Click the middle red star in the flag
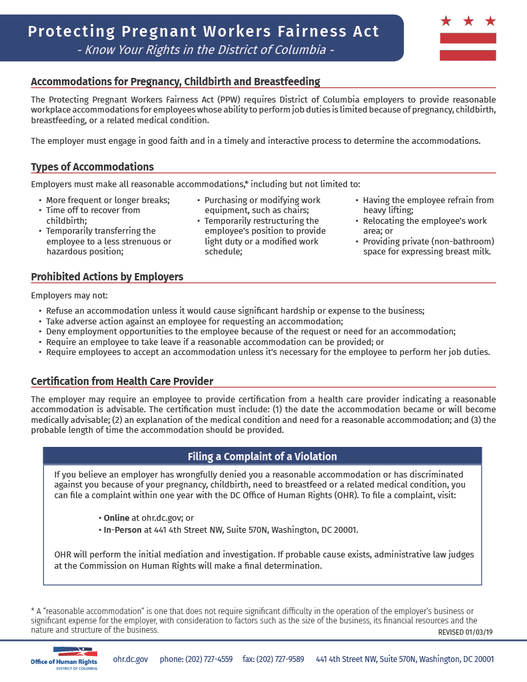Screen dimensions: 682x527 click(x=468, y=21)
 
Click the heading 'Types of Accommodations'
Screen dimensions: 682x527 click(x=92, y=167)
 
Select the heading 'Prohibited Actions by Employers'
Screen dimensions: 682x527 click(x=107, y=276)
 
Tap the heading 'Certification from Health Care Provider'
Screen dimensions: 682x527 click(x=122, y=382)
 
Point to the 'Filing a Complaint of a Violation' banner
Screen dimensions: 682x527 click(x=262, y=456)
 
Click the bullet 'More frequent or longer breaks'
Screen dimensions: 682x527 click(x=107, y=200)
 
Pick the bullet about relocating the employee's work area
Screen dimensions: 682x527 click(x=424, y=226)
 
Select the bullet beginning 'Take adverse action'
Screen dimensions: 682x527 click(x=195, y=321)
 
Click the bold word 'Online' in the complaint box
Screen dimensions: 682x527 click(x=117, y=517)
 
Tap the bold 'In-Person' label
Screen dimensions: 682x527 click(x=123, y=530)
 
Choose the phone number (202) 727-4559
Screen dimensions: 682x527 click(x=196, y=659)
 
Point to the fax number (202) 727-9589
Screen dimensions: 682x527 click(x=273, y=659)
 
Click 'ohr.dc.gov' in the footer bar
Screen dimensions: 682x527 click(x=131, y=659)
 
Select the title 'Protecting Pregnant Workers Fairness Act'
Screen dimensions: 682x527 click(x=204, y=31)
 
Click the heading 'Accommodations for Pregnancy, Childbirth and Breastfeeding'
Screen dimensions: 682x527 click(x=175, y=82)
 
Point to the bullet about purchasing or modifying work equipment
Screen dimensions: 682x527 click(x=262, y=205)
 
